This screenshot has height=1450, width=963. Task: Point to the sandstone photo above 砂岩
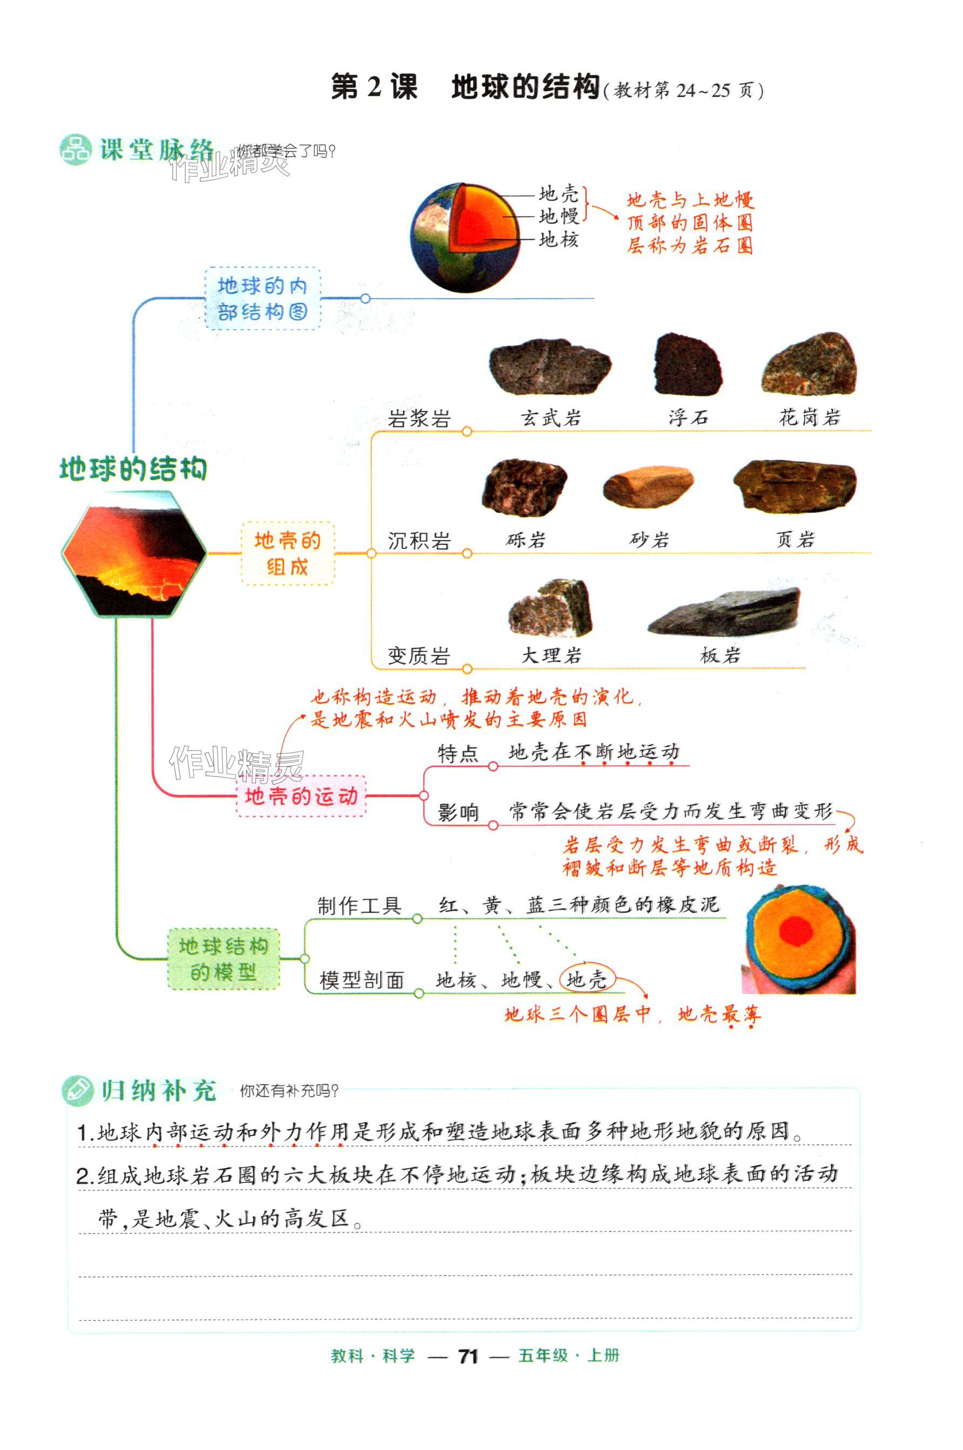648,487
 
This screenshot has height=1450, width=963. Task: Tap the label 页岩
795,540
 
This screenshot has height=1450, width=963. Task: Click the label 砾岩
526,540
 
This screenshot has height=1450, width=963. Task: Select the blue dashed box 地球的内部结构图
262,299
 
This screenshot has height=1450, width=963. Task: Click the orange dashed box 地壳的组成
287,553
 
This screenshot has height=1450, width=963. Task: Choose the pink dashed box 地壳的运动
301,796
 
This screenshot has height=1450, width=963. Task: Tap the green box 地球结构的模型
223,959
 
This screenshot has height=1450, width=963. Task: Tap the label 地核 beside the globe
558,240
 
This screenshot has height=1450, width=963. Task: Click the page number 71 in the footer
468,1356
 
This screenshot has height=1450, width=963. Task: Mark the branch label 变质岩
419,656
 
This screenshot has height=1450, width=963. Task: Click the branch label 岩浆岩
419,419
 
